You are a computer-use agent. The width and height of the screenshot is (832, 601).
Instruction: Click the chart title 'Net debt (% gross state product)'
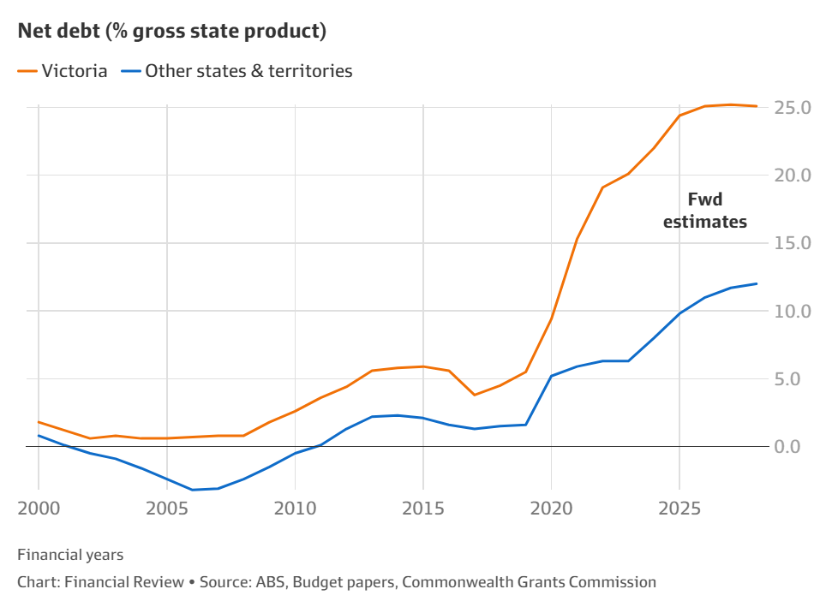click(171, 32)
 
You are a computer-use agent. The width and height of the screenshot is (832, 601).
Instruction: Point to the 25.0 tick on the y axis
click(793, 108)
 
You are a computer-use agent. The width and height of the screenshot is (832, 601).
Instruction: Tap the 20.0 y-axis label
click(793, 176)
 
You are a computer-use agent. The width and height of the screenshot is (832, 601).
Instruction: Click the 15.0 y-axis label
click(793, 243)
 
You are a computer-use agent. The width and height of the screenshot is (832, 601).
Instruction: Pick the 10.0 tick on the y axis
click(793, 311)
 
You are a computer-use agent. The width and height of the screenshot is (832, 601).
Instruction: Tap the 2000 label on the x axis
click(39, 508)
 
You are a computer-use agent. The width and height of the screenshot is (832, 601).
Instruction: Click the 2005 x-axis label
click(167, 508)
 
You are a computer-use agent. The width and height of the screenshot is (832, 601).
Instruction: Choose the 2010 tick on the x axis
click(295, 508)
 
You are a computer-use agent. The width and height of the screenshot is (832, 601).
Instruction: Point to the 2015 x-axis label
click(423, 508)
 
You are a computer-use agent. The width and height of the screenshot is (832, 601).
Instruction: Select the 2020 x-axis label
click(551, 508)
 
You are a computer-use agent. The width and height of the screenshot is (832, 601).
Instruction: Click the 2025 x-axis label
click(679, 508)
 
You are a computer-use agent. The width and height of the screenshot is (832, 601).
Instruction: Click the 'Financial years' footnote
click(70, 556)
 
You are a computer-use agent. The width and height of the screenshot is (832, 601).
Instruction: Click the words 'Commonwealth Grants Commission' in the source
click(529, 582)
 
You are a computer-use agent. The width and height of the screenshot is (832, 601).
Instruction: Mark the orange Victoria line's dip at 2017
click(474, 395)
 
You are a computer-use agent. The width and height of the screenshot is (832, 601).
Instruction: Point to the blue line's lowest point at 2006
click(192, 490)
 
